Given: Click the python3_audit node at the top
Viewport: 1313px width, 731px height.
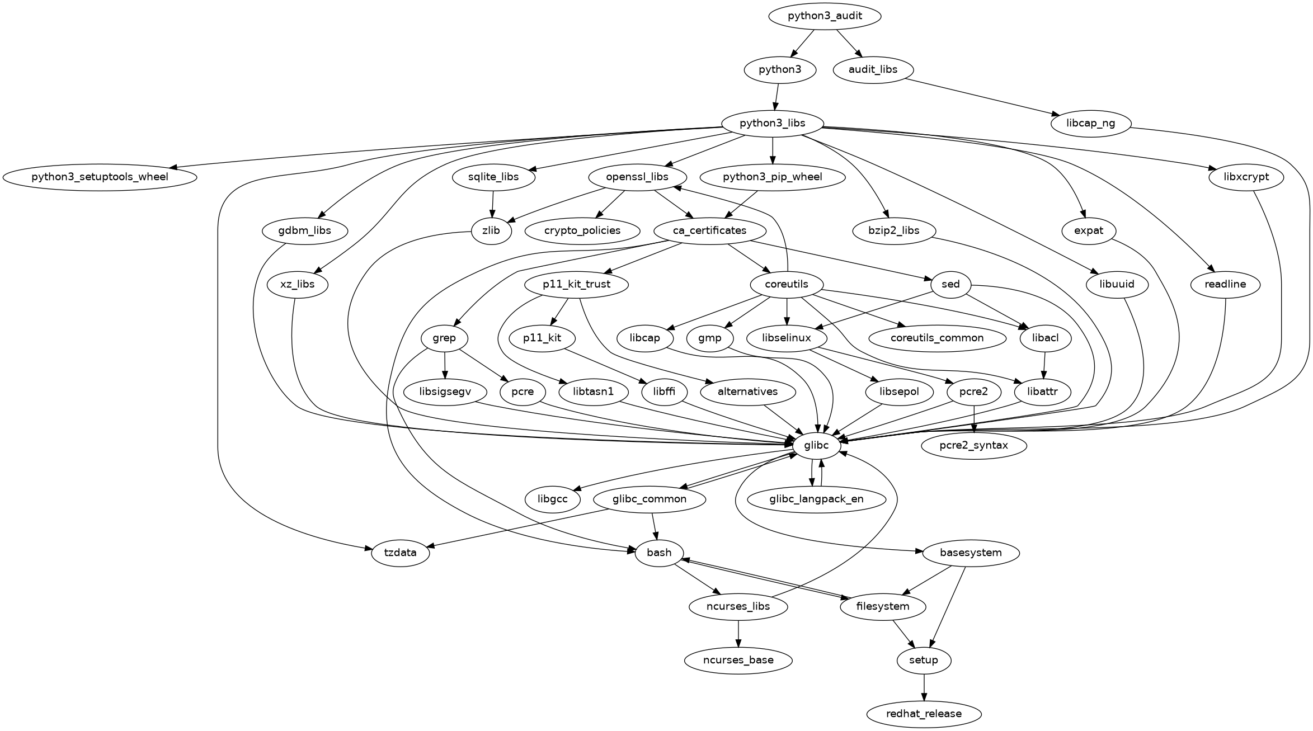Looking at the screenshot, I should (x=825, y=16).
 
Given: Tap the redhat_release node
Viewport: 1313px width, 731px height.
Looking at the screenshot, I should (x=924, y=714).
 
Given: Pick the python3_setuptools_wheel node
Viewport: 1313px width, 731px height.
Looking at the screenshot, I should (x=100, y=177).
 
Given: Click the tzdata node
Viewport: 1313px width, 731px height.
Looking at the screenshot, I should (x=401, y=553).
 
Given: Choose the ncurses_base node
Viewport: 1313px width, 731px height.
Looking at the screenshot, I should (x=738, y=660).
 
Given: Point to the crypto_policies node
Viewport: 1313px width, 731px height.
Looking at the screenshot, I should (x=582, y=230).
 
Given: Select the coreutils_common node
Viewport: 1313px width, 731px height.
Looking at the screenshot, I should (x=937, y=338).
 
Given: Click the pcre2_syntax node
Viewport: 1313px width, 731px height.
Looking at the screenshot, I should (x=974, y=445).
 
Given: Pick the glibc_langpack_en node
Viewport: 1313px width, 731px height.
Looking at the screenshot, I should (x=816, y=499).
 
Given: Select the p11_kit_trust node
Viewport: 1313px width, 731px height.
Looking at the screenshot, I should (x=576, y=284).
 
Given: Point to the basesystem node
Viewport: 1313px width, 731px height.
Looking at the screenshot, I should (x=971, y=553).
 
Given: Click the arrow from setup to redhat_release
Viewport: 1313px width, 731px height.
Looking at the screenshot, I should (x=924, y=687).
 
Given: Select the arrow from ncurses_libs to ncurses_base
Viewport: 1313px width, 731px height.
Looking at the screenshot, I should (x=738, y=634).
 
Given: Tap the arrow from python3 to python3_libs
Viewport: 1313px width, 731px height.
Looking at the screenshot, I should (x=777, y=97).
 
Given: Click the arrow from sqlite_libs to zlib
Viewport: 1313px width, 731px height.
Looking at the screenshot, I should (x=493, y=204).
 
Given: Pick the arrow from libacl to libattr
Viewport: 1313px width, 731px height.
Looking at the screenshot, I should (x=1044, y=365).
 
